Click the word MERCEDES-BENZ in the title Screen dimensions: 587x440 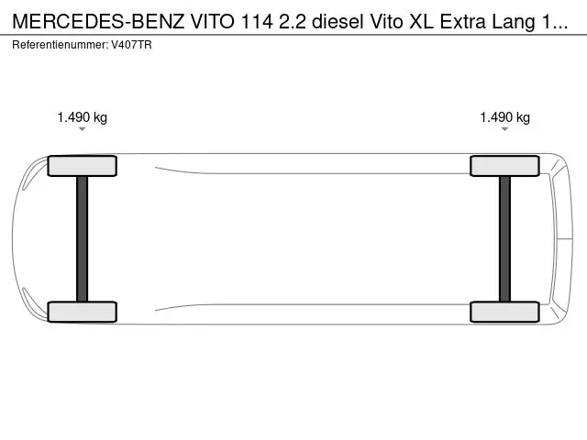click(x=98, y=22)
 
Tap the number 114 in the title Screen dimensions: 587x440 click(x=257, y=22)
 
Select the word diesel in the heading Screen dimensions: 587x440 click(x=338, y=22)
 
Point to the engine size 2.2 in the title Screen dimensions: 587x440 click(x=292, y=22)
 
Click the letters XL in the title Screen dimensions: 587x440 click(x=421, y=22)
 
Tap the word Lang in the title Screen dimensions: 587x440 click(x=514, y=22)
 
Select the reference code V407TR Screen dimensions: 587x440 click(x=131, y=45)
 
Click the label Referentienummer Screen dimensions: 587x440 click(x=60, y=45)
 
